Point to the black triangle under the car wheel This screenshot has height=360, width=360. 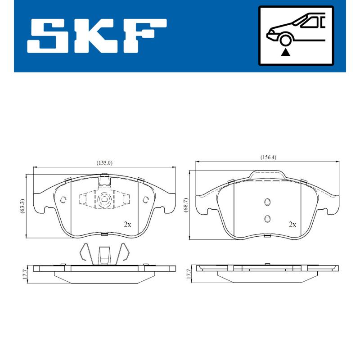pyautogui.click(x=284, y=52)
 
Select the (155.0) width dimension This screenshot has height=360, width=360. pyautogui.click(x=104, y=163)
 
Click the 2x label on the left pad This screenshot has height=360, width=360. pyautogui.click(x=128, y=225)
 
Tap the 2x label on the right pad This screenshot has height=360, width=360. pyautogui.click(x=292, y=225)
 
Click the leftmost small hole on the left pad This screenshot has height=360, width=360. pyautogui.click(x=63, y=199)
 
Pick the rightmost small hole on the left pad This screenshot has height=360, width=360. pyautogui.click(x=145, y=199)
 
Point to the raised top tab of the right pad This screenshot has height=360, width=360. pyautogui.click(x=268, y=175)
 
